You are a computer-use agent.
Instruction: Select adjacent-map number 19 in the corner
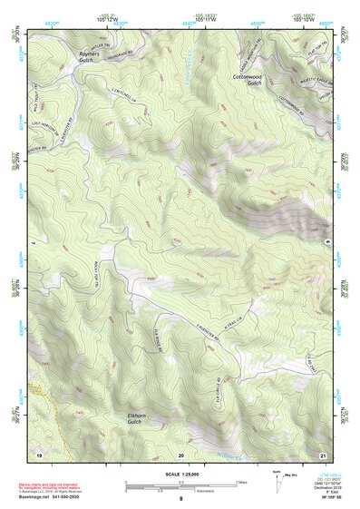[39, 452]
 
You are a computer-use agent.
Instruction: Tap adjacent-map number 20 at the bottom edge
[181, 453]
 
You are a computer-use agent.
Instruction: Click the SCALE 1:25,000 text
[180, 472]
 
